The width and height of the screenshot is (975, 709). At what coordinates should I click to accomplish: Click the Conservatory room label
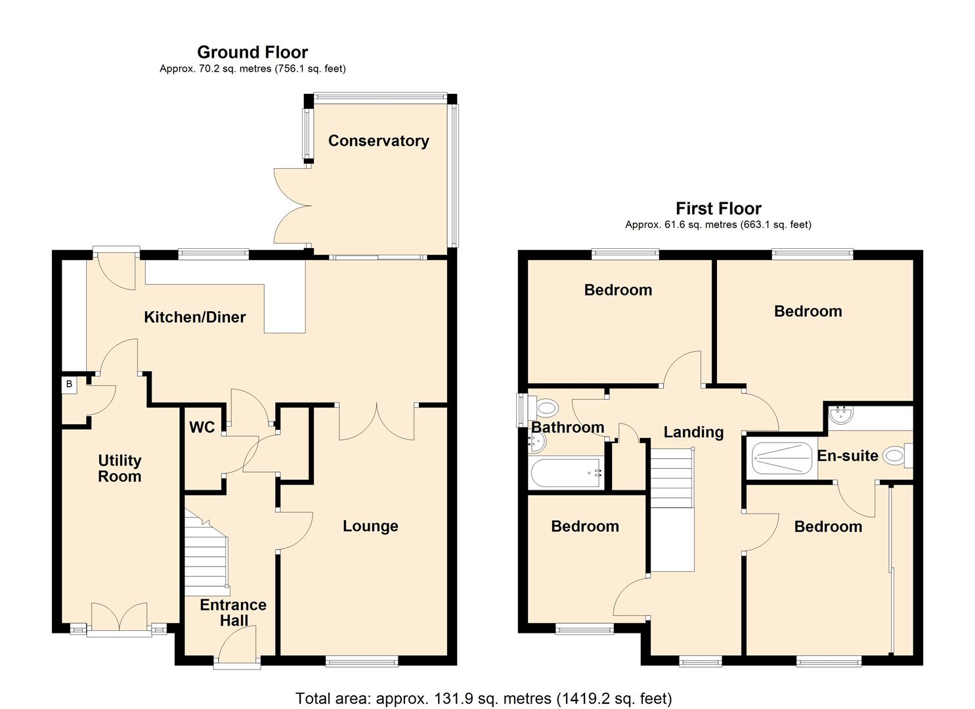click(378, 140)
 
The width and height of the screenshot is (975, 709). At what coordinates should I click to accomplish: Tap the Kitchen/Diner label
click(194, 317)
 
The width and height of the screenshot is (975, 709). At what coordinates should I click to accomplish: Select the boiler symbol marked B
click(69, 384)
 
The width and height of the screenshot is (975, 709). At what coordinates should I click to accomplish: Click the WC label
click(202, 427)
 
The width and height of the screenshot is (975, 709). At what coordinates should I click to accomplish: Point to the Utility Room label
click(119, 468)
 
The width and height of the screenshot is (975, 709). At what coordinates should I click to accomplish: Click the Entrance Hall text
click(233, 612)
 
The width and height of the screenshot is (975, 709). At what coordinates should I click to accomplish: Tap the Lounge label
click(370, 526)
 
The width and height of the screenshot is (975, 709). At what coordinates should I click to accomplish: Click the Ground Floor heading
click(253, 53)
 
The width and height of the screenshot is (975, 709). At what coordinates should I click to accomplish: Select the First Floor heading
click(718, 209)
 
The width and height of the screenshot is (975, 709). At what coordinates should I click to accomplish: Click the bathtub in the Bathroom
click(566, 473)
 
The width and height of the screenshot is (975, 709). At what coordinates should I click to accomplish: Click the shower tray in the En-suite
click(782, 458)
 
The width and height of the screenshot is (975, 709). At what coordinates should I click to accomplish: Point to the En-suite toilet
click(898, 456)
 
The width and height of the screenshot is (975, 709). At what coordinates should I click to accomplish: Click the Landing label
click(693, 432)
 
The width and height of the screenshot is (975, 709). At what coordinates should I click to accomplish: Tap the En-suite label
click(848, 456)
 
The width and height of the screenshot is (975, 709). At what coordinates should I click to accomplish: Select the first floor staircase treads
click(672, 478)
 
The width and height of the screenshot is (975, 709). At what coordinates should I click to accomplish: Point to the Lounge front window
click(362, 662)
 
